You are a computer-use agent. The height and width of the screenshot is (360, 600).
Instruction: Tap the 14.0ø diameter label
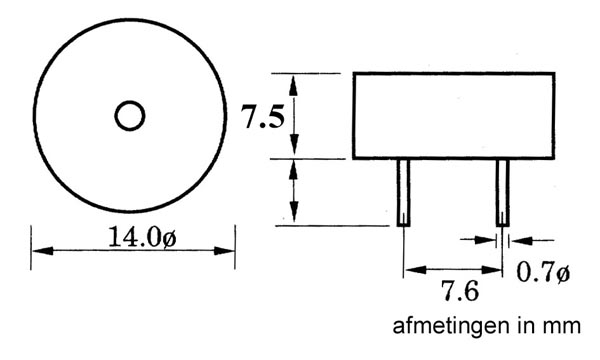(142, 237)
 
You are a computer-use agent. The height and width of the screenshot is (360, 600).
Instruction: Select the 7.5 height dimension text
(262, 117)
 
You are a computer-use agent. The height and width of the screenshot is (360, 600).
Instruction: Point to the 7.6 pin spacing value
(460, 291)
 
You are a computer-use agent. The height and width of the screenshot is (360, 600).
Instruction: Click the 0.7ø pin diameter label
(543, 272)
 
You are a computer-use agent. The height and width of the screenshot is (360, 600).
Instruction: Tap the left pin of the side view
(403, 192)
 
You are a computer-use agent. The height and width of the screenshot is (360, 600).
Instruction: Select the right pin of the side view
(503, 192)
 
